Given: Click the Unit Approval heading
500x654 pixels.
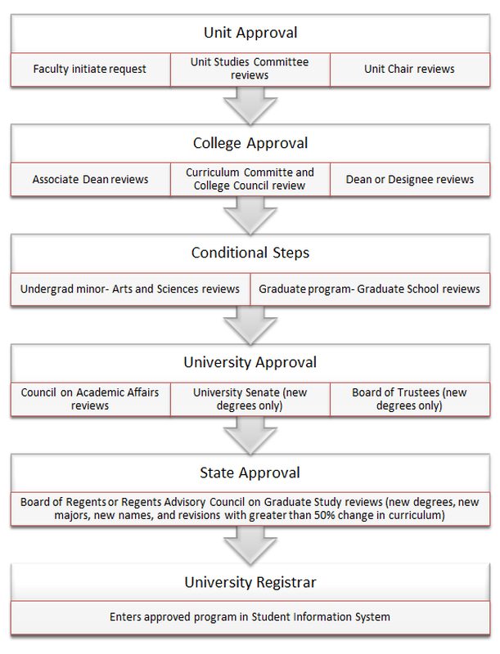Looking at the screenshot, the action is point(250,33).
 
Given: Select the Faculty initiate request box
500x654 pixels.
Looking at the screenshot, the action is point(91,69).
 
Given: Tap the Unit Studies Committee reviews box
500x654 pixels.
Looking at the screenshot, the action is point(250,69).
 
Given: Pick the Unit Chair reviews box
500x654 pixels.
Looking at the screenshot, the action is point(410,69).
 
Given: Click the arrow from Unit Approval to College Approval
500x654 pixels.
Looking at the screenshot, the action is point(250,105).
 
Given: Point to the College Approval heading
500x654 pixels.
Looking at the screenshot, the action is point(250,143).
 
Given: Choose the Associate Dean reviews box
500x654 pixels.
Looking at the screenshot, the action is point(91,179).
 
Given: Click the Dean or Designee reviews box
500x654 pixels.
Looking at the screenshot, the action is point(410,179).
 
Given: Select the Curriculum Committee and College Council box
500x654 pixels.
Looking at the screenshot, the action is point(250,179).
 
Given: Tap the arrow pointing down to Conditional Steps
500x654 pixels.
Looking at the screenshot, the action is point(250,215).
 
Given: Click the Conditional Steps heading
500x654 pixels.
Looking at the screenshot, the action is point(250,253).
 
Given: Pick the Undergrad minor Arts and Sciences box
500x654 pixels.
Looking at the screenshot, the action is point(130,289).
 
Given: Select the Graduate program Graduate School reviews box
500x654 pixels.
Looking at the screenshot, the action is point(370,289).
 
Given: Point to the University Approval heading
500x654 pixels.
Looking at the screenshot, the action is point(250,362).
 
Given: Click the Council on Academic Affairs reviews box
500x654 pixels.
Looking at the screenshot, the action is point(91,399).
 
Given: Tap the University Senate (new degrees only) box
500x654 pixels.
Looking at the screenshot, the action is point(250,399).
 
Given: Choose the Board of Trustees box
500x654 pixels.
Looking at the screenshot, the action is point(410,399).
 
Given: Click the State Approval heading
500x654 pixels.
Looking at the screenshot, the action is point(250,473).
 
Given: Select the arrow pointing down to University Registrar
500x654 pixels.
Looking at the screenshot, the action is point(250,545).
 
